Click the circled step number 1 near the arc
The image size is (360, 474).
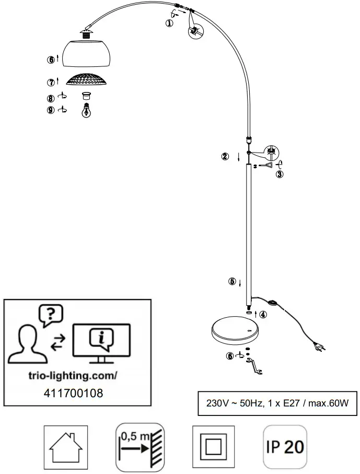169,22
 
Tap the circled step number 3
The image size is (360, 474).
280,175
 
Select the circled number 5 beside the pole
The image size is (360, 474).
232,281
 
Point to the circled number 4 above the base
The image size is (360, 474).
263,314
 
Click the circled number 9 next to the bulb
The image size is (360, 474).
51,110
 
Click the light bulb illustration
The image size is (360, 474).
87,111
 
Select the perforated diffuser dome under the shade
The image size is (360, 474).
87,80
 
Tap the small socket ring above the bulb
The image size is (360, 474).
87,96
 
